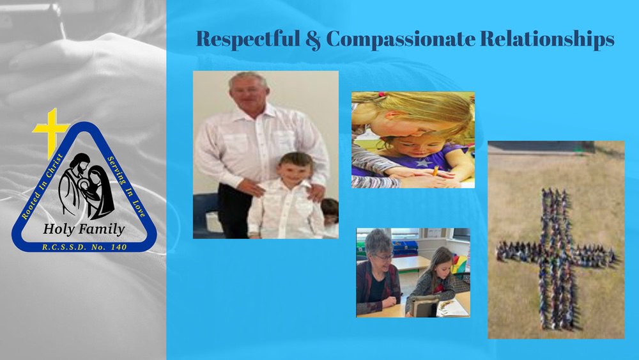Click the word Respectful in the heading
click(248, 39)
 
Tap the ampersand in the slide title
click(312, 40)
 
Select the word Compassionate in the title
click(401, 40)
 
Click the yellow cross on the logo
click(51, 131)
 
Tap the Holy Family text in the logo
click(84, 229)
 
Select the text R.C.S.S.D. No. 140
click(84, 247)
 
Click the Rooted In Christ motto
click(42, 186)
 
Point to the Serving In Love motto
click(127, 186)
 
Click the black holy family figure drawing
click(86, 185)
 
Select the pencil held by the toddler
click(436, 171)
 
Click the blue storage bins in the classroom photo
click(404, 247)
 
